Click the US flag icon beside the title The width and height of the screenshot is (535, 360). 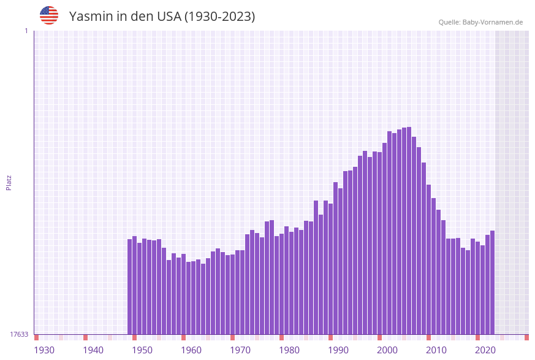pos(49,15)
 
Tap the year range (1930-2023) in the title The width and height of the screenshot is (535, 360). pos(220,17)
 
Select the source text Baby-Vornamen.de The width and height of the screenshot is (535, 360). pos(493,22)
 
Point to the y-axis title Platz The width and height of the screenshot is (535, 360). pos(9,183)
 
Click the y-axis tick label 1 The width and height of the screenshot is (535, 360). pos(26,31)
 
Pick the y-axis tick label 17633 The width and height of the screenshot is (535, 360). pos(19,334)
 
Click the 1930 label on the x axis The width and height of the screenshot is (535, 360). pos(44,350)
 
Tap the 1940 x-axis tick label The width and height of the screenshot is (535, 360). pos(93,350)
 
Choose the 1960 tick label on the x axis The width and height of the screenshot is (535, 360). pos(191,350)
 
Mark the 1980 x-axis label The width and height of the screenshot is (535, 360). pos(289,350)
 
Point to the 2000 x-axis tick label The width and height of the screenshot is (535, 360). pos(387,350)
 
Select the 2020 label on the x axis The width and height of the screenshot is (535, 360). pos(485,350)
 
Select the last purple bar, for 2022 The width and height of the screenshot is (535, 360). pos(492,282)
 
